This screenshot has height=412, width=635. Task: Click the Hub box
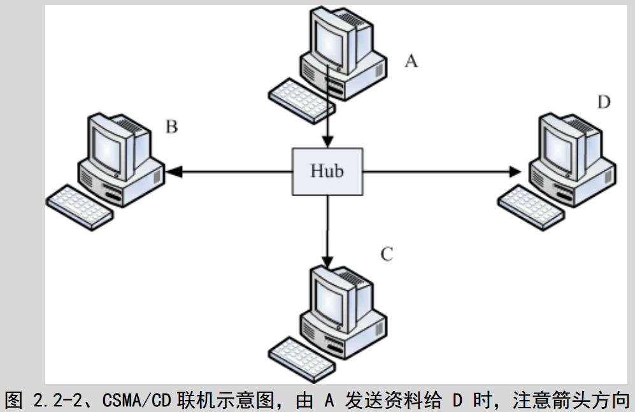[x=327, y=171]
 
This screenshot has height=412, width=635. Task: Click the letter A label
[x=411, y=61]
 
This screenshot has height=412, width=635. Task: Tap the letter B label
[x=171, y=127]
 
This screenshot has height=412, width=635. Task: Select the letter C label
[x=387, y=255]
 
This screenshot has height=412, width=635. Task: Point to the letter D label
[x=604, y=101]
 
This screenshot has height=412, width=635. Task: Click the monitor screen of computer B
[x=106, y=143]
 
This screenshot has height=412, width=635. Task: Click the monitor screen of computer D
[x=557, y=143]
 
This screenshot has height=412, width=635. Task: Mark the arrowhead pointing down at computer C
[x=327, y=261]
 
